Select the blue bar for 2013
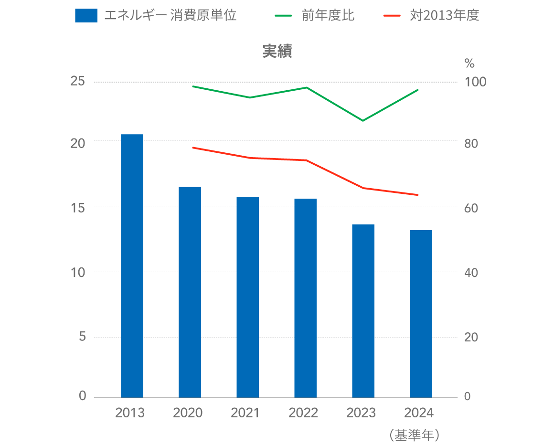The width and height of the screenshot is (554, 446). [132, 265]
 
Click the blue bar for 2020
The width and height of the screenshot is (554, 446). [190, 292]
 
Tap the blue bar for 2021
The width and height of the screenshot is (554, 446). [247, 297]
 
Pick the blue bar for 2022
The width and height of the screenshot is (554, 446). [305, 297]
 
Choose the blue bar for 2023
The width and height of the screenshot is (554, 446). [363, 310]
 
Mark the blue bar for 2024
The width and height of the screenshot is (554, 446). [421, 313]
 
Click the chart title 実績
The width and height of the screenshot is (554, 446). [277, 52]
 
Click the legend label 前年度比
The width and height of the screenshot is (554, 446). [328, 16]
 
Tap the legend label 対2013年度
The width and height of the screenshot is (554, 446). [444, 16]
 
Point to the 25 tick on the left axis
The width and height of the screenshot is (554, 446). [77, 82]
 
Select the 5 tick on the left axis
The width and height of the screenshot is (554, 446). [82, 337]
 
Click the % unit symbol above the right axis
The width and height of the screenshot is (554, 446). [469, 63]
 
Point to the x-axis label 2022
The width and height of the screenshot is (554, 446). [303, 413]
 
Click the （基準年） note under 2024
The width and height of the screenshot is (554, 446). [414, 435]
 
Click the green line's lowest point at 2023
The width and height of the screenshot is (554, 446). [363, 120]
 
